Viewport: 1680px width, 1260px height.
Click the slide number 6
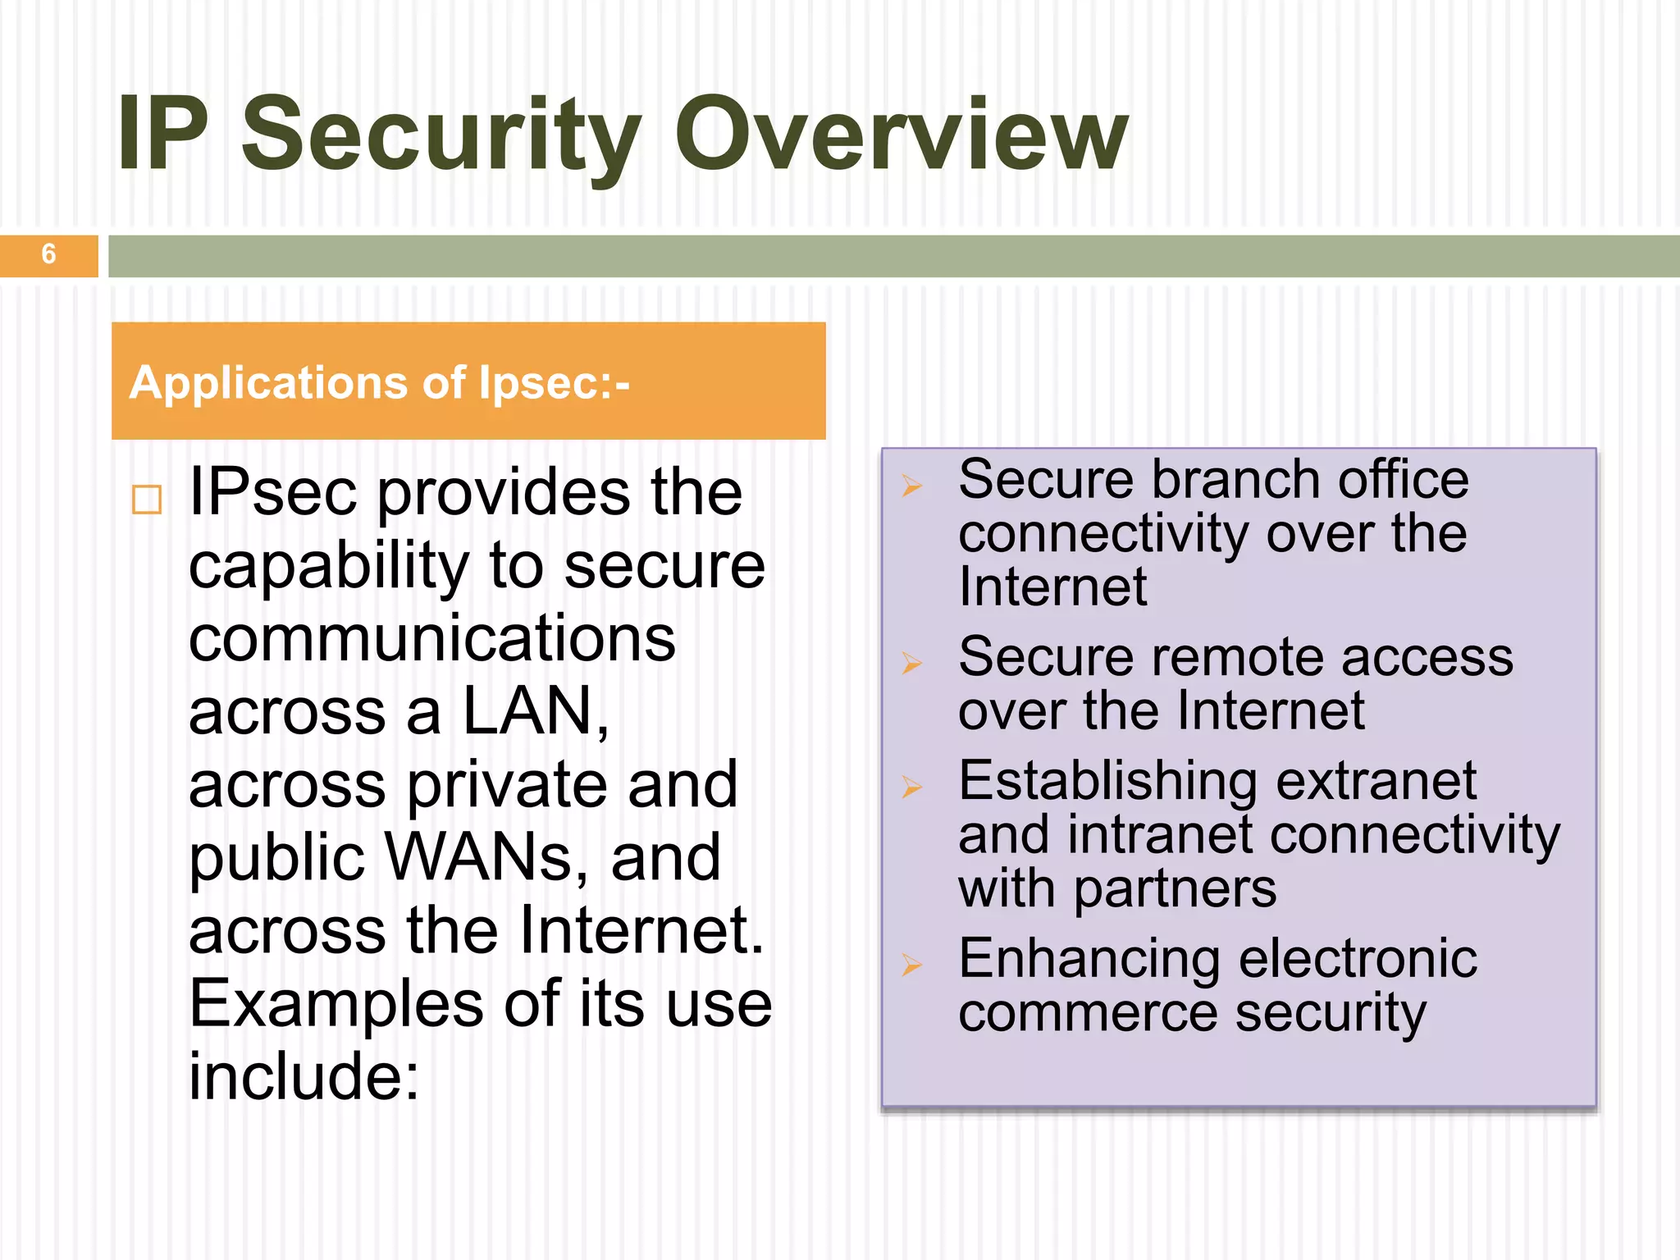(48, 254)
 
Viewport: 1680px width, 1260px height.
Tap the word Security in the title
(441, 134)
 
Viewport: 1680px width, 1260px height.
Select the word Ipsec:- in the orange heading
(555, 382)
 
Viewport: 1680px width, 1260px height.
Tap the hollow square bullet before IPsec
(147, 499)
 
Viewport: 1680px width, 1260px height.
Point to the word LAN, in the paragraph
(536, 711)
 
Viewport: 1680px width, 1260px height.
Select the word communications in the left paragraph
(432, 638)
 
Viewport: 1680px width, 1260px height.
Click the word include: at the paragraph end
(304, 1076)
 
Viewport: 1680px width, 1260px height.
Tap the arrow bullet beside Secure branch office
(912, 486)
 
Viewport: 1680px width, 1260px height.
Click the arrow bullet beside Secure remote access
(912, 662)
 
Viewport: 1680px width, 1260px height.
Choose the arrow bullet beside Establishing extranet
(912, 787)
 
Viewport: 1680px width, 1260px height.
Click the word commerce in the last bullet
(1088, 1013)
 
